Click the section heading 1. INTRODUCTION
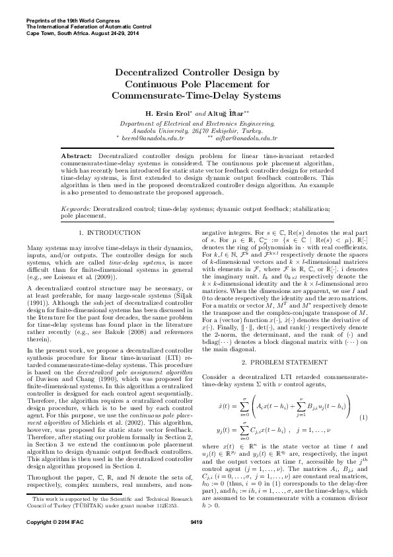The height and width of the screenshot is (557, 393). pos(104,233)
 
